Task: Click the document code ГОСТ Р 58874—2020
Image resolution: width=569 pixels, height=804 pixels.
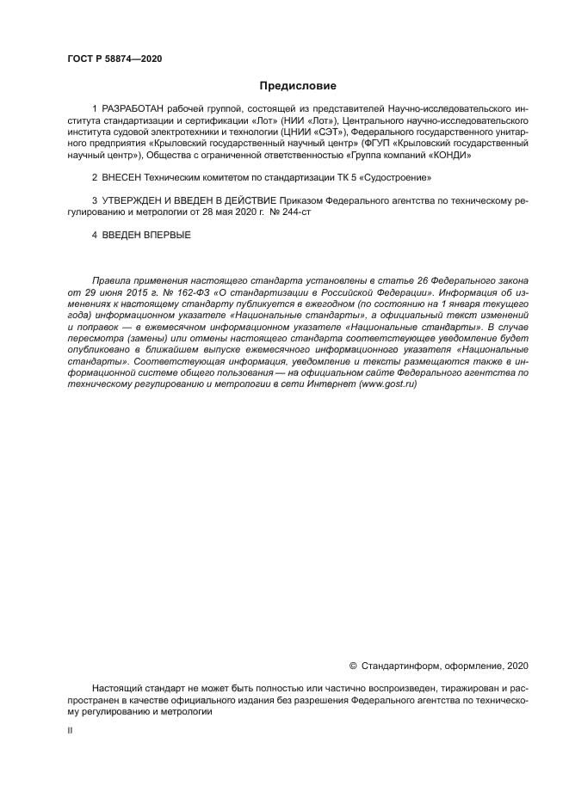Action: [x=114, y=58]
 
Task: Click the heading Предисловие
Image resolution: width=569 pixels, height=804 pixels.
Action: [x=298, y=86]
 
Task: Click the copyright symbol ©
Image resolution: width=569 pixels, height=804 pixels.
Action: [x=353, y=665]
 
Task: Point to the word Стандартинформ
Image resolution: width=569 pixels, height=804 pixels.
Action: [x=402, y=665]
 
